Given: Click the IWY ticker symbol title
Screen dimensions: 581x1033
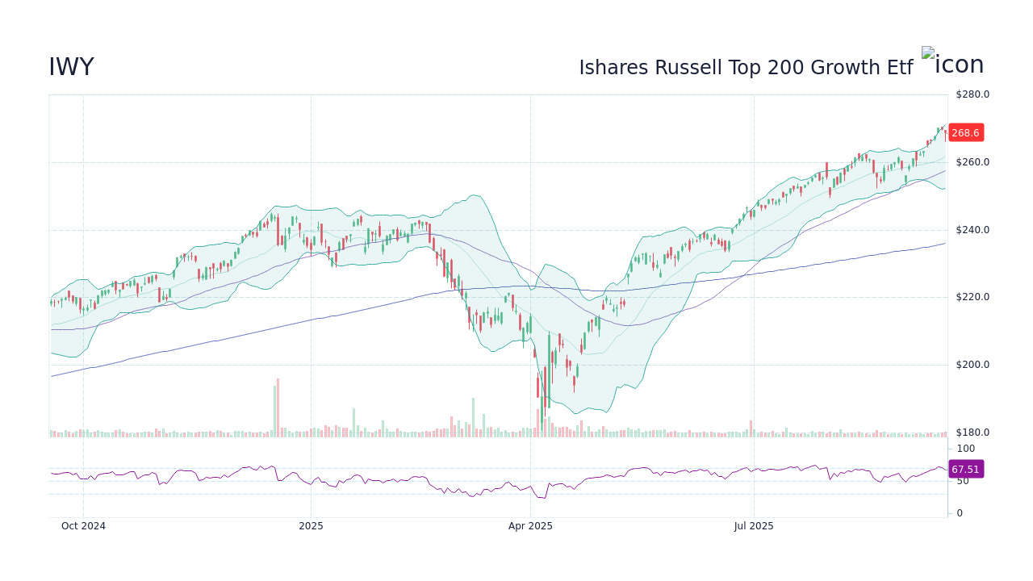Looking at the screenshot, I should [71, 68].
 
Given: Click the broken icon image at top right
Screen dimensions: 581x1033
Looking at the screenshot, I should [952, 64].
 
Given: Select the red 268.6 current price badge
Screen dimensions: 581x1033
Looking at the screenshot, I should [965, 133].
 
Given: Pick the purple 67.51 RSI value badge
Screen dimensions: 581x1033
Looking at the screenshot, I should [965, 470].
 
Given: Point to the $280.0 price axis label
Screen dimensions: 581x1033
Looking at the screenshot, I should [972, 94].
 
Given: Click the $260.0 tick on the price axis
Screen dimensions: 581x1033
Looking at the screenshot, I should [972, 162].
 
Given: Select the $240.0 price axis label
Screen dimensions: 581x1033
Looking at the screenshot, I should [972, 230].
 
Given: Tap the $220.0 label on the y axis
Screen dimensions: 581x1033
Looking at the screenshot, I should [972, 297].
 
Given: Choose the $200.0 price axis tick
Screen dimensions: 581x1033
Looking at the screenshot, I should [972, 365].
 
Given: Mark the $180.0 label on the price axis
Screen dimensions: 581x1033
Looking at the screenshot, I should [972, 433].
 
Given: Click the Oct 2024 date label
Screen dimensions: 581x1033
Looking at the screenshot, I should [83, 526].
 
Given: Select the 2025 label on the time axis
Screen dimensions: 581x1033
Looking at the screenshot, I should [311, 526].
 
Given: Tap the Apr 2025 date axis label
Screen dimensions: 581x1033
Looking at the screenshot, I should [530, 526].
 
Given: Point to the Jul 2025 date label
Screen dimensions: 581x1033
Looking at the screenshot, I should [754, 526].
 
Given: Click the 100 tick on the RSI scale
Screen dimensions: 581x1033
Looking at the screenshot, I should [966, 449].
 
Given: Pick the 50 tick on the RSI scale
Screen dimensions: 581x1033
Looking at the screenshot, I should [963, 481].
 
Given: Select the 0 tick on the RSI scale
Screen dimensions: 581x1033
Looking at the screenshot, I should [960, 513].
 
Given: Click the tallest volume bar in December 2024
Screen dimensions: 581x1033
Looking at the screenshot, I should [278, 408].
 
